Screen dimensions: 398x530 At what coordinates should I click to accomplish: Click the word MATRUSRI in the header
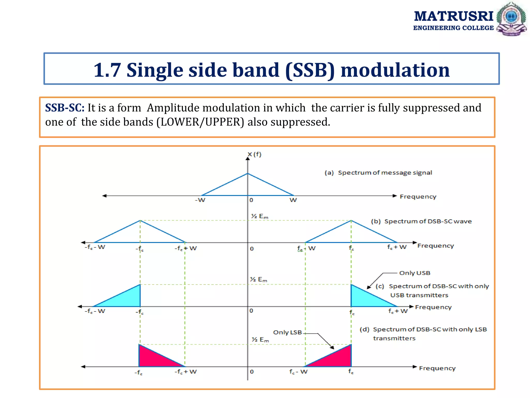click(x=453, y=16)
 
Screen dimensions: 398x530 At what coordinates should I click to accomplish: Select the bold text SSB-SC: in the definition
click(x=65, y=108)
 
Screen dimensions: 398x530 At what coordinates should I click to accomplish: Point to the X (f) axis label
click(x=254, y=154)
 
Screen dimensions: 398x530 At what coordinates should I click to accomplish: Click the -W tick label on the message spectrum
click(x=200, y=200)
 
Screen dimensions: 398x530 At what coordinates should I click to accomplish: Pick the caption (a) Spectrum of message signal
click(x=378, y=173)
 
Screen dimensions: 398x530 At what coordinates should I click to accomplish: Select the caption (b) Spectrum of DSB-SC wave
click(x=421, y=221)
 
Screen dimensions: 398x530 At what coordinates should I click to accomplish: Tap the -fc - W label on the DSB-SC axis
click(x=95, y=247)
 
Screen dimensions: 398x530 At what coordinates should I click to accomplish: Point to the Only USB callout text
click(x=415, y=273)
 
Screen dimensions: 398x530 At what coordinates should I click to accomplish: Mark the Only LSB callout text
click(x=287, y=332)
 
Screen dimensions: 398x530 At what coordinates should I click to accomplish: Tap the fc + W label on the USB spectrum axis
click(x=398, y=311)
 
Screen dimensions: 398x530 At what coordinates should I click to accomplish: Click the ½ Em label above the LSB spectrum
click(x=260, y=339)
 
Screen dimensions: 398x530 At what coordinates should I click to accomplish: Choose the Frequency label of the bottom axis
click(x=437, y=368)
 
